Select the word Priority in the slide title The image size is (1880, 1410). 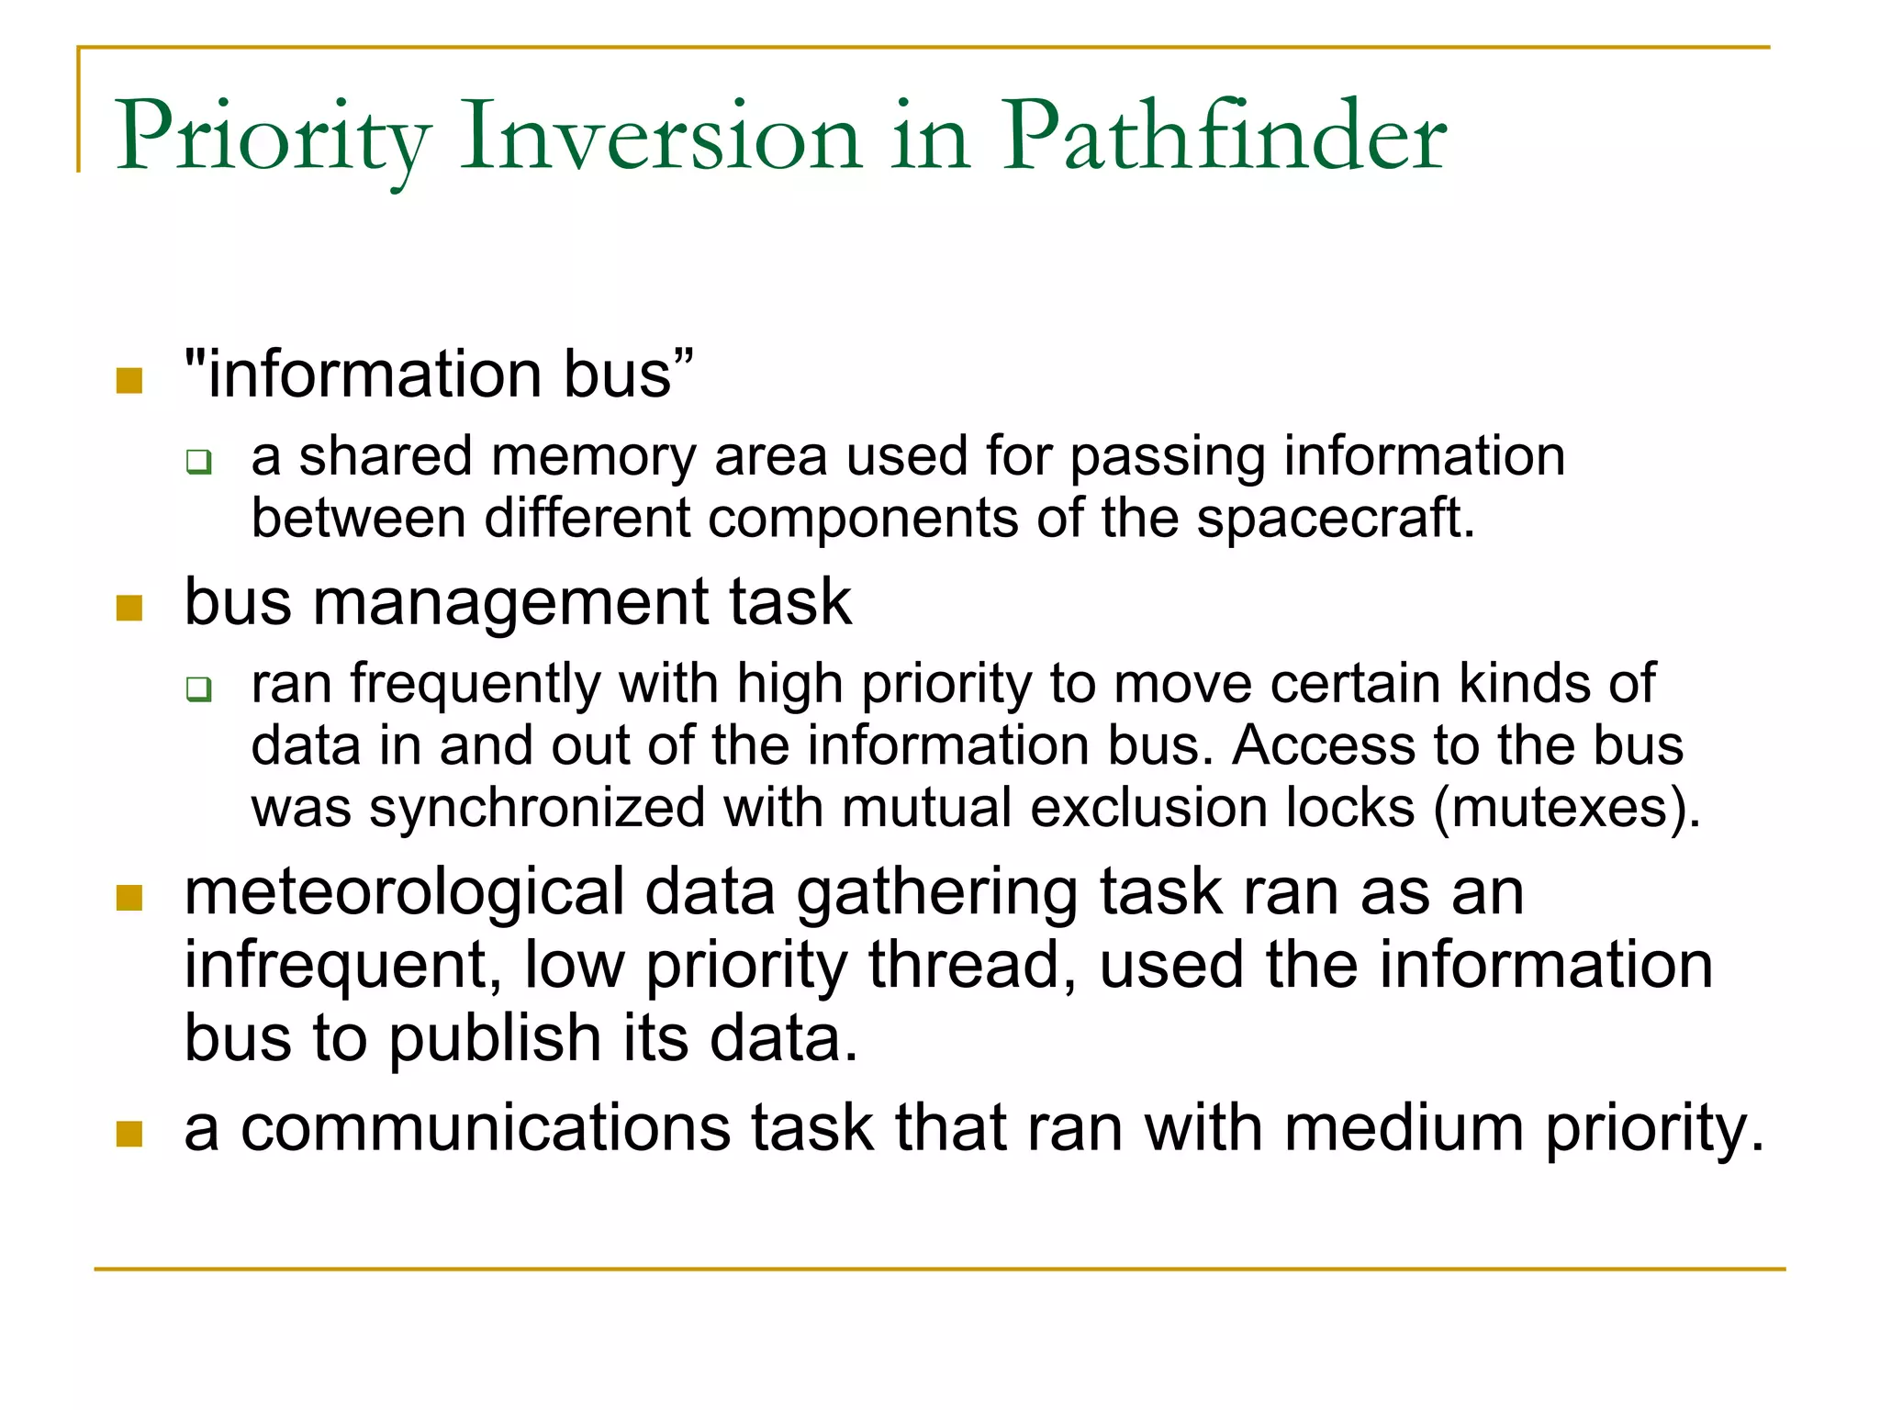coord(272,138)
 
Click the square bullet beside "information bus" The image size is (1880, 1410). coord(129,380)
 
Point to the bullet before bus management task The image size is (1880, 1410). coord(129,608)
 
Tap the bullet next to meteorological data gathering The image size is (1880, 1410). coord(129,897)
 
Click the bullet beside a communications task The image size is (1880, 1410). coord(129,1134)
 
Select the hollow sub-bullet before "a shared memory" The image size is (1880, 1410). coord(198,461)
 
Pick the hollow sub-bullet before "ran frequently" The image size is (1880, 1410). coord(198,688)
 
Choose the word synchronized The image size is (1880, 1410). coord(537,808)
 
